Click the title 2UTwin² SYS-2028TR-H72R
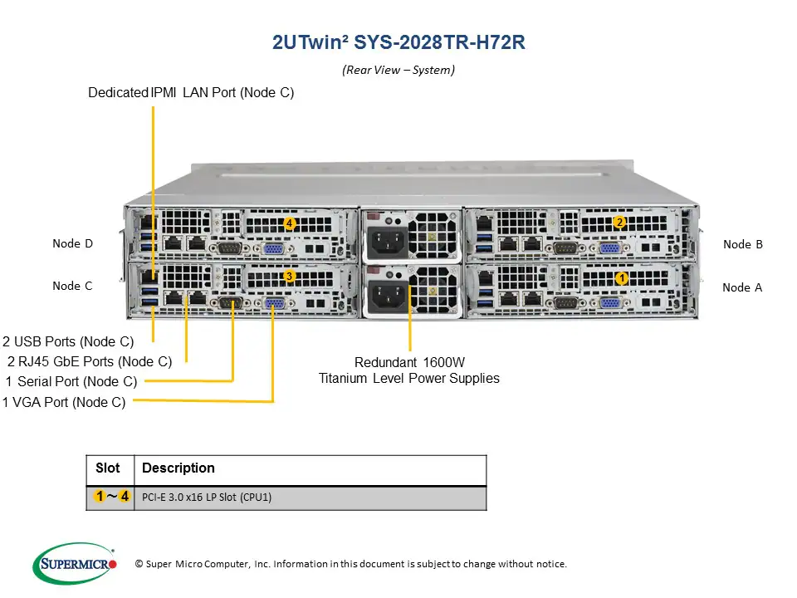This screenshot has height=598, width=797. pos(398,42)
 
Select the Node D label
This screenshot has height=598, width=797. pos(72,243)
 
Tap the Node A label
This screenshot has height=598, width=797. pos(741,287)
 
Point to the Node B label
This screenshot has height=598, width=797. pos(742,244)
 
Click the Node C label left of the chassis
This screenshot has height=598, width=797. pos(72,286)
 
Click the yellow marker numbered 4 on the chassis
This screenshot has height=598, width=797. pos(289,223)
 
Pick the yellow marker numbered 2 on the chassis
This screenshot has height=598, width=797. pos(619,223)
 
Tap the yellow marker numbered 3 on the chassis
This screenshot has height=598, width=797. pos(289,275)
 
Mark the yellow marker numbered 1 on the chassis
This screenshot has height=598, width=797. pos(620,278)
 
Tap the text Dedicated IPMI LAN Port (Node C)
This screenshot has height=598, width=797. pos(191,93)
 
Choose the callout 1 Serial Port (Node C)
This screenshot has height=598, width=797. pos(71,381)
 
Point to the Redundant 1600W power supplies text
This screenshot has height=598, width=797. pos(409,370)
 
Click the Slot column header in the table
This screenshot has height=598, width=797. pos(108,468)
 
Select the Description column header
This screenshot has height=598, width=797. pos(178,468)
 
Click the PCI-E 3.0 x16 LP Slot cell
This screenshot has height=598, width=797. pos(207,498)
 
